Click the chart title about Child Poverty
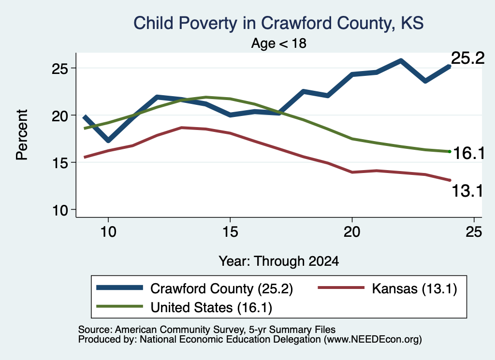pyautogui.click(x=278, y=23)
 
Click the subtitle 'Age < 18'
pyautogui.click(x=278, y=43)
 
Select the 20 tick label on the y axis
pyautogui.click(x=60, y=116)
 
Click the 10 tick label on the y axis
pyautogui.click(x=60, y=210)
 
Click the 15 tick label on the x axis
pyautogui.click(x=230, y=232)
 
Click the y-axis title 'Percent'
pyautogui.click(x=22, y=135)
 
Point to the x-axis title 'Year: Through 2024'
pyautogui.click(x=279, y=261)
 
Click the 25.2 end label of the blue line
pyautogui.click(x=467, y=58)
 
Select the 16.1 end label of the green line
pyautogui.click(x=469, y=153)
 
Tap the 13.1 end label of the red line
pyautogui.click(x=467, y=191)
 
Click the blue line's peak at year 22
pyautogui.click(x=401, y=60)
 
